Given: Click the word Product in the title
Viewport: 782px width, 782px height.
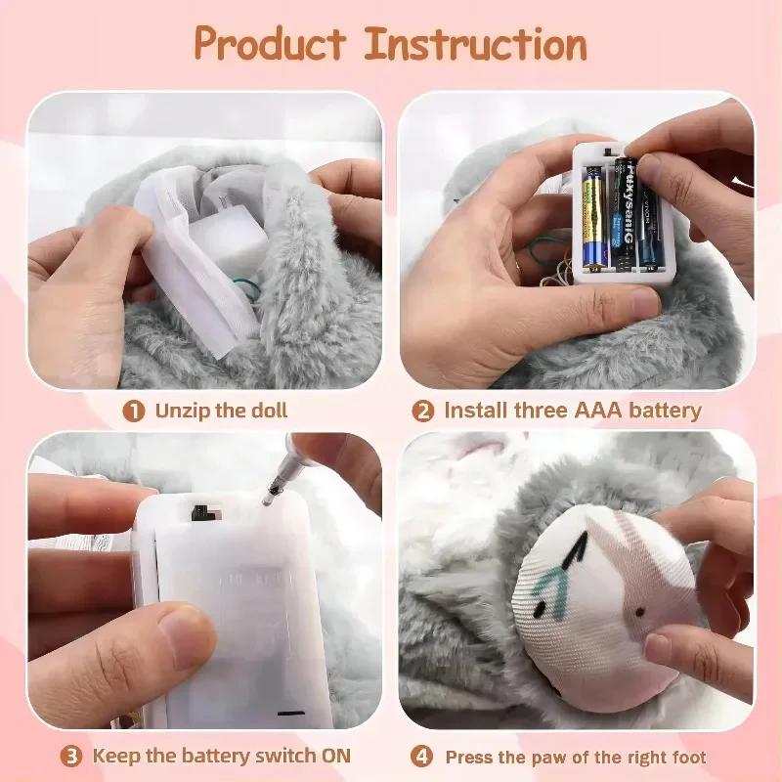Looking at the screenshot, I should pos(269,44).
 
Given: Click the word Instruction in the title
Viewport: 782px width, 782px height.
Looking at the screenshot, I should pos(476,44).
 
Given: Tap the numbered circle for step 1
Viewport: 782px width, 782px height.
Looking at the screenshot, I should pos(134,411).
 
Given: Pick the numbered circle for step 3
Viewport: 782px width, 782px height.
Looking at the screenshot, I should pos(72,756).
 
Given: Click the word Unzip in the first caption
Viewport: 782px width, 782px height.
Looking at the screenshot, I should pos(185,411).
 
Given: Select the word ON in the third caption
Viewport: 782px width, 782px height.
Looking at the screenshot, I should pos(329,756).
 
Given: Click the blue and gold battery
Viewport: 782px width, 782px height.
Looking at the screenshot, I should pos(595,217).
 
